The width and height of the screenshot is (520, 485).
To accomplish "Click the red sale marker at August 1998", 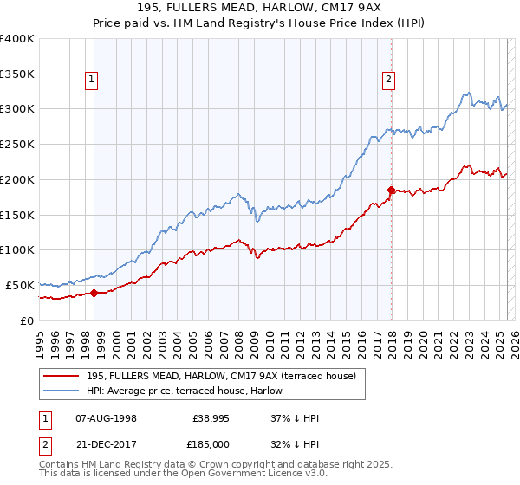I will pos(94,293).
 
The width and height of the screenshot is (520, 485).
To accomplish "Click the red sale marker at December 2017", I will pos(391,190).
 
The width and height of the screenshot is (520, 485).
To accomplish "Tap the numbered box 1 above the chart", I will pos(91,81).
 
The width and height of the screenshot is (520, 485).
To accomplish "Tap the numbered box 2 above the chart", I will pos(388,81).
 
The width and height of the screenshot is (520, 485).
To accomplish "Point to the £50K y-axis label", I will pos(21,285).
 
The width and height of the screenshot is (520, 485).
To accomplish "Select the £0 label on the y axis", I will pos(27,320).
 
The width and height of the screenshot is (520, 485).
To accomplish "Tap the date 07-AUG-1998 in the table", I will pos(106,418).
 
